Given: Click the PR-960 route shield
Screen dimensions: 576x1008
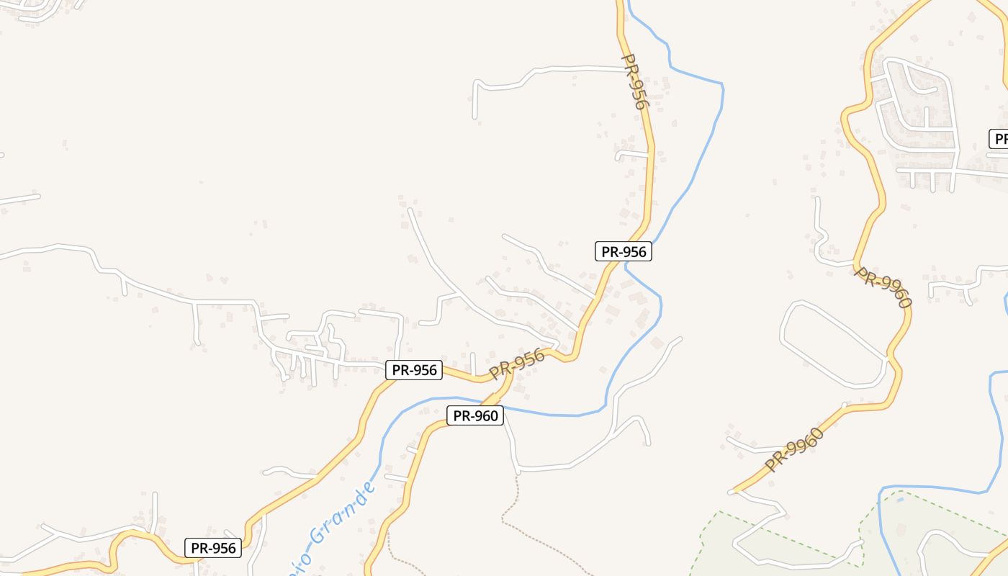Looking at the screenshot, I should pyautogui.click(x=474, y=415).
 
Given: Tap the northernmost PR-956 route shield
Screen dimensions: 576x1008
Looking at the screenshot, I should pyautogui.click(x=624, y=251).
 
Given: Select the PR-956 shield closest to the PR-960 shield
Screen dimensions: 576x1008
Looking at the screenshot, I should pyautogui.click(x=414, y=370).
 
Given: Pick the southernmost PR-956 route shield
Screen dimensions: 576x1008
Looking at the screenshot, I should pyautogui.click(x=213, y=548).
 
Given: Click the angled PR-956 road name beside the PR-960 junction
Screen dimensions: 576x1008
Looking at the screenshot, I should pyautogui.click(x=517, y=364).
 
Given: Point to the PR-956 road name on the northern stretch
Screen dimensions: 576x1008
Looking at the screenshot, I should pyautogui.click(x=634, y=81).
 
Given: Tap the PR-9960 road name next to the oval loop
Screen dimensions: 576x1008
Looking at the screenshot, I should pyautogui.click(x=883, y=287).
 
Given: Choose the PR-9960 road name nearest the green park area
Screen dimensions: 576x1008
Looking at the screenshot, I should pyautogui.click(x=794, y=450).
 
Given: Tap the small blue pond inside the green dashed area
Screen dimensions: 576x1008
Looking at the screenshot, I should pyautogui.click(x=900, y=500).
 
